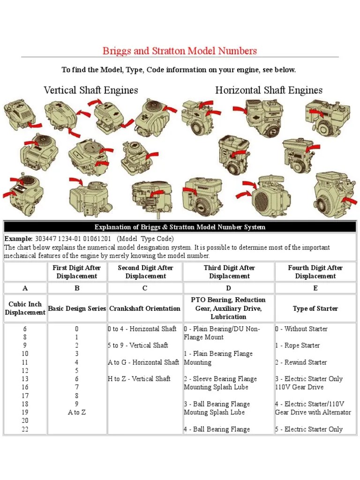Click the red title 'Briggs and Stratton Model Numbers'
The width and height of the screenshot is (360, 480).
coord(180,51)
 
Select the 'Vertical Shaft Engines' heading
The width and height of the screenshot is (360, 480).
coord(90,90)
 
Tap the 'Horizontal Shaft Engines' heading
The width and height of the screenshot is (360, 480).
coord(269,90)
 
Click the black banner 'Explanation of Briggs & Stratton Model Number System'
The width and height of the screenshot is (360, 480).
coord(180,227)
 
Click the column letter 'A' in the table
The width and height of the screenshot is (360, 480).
coord(25,288)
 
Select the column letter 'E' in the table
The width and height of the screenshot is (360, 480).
coord(315,288)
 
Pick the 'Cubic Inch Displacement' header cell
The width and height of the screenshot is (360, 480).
coord(25,308)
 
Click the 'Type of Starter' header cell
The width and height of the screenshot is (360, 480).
coord(315,308)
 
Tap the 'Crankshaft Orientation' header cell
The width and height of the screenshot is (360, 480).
coord(145,308)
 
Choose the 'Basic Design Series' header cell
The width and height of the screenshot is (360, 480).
coord(77,308)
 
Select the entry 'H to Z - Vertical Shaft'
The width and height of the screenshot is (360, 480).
coord(139,379)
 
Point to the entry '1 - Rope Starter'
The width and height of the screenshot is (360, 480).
coord(298,345)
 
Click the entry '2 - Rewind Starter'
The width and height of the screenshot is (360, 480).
coord(301,362)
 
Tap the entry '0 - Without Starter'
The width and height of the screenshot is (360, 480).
coord(301,329)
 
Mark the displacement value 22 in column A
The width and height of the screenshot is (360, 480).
coord(25,429)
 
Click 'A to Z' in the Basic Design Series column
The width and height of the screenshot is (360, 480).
coord(77,412)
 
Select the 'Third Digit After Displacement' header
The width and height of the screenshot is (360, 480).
coord(229,272)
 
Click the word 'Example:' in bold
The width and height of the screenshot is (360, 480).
coord(18,239)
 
